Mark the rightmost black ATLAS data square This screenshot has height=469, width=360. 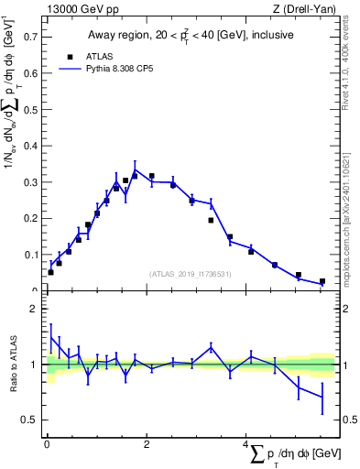[x=322, y=281]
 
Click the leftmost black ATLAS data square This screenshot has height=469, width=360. [x=50, y=272]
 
